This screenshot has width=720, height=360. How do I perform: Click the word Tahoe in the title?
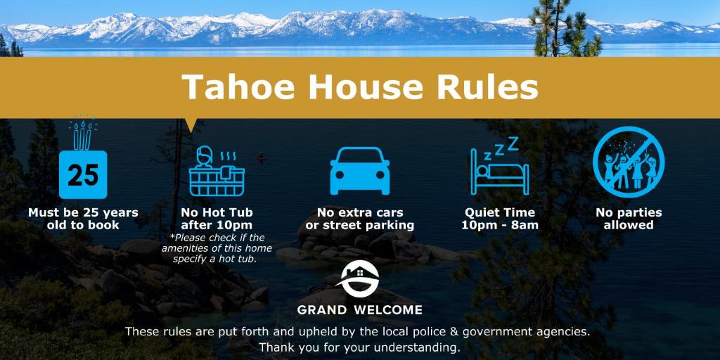(238, 86)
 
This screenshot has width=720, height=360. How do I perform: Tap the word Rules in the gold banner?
(487, 86)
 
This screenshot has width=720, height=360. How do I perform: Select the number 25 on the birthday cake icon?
(83, 175)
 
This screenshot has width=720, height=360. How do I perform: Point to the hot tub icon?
(217, 171)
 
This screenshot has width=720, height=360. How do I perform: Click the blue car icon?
(360, 170)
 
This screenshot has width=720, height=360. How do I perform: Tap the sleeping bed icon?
(500, 172)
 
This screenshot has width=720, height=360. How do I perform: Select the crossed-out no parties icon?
(628, 162)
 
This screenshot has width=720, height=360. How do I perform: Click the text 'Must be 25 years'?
(83, 213)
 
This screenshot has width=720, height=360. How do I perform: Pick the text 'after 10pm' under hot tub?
(217, 226)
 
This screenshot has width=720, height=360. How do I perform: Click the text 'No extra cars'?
(360, 213)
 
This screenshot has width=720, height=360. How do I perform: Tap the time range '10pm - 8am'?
(500, 226)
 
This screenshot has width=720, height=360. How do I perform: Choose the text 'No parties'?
(629, 213)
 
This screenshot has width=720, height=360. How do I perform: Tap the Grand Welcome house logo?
(359, 278)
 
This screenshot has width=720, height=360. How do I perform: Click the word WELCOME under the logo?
(387, 310)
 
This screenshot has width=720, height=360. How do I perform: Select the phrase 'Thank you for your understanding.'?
(359, 346)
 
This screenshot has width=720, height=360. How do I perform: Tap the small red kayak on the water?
(261, 159)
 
